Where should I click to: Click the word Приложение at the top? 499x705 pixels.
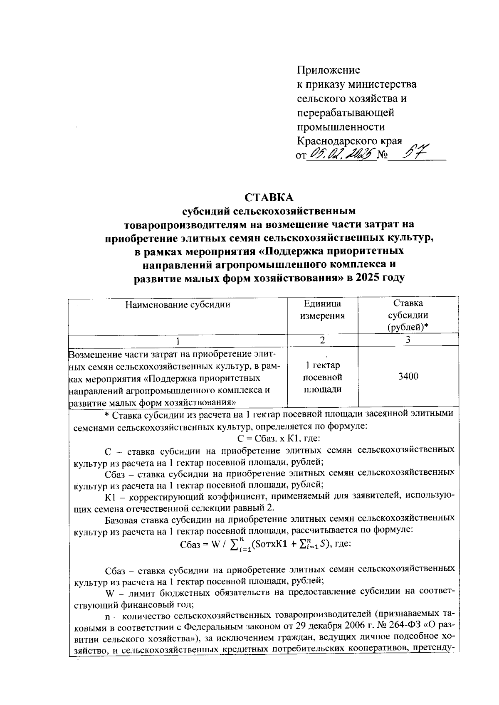tap(329, 70)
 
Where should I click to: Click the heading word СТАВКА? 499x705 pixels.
tap(269, 197)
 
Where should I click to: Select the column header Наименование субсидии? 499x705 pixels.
tap(178, 305)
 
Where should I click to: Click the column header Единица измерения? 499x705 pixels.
tap(322, 310)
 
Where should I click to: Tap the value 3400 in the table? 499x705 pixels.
tap(408, 377)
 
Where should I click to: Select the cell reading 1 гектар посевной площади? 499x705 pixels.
tap(322, 377)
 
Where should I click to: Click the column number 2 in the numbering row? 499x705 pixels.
tap(322, 340)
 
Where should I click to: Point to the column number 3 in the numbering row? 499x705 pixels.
tap(408, 340)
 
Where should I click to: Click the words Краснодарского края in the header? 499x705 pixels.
tap(350, 141)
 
